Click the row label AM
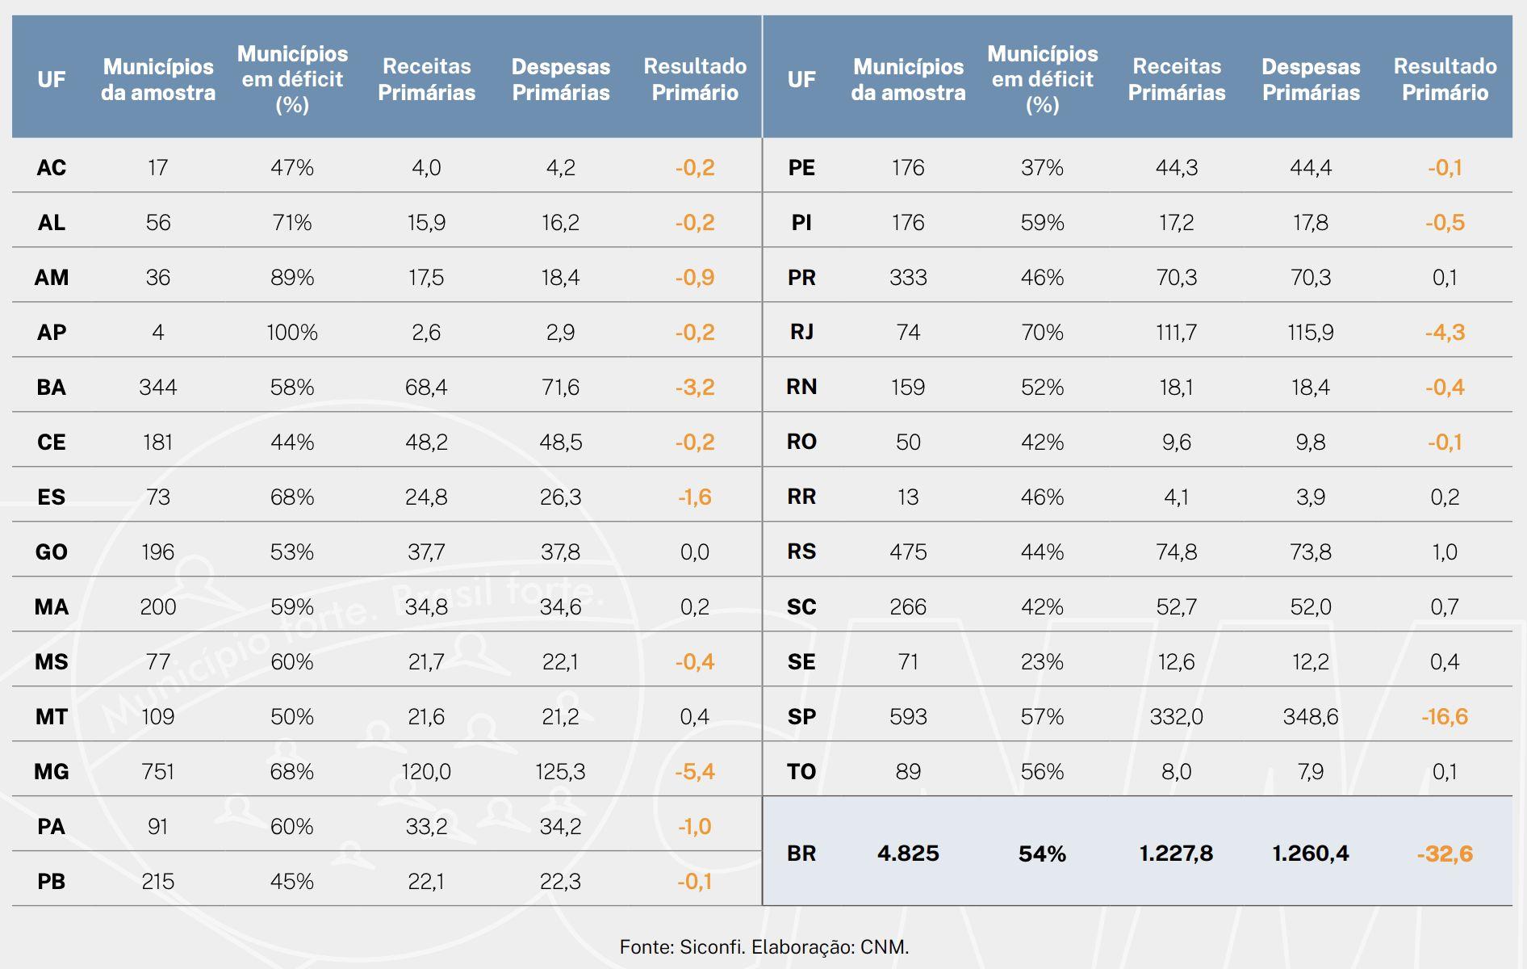(x=52, y=277)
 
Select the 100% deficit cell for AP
(x=292, y=332)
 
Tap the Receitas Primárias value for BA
(x=426, y=387)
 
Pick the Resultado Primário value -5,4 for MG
(x=695, y=771)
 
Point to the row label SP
(x=801, y=716)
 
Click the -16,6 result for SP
(x=1445, y=716)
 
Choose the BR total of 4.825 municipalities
(x=908, y=853)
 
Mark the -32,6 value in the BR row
(x=1445, y=853)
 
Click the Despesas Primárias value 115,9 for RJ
(x=1311, y=332)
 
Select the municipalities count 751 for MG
(x=158, y=771)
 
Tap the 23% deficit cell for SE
(x=1042, y=661)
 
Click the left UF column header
(x=52, y=79)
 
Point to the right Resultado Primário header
(x=1445, y=79)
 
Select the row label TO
(x=801, y=771)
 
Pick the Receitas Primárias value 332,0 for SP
(x=1176, y=716)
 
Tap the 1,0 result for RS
(x=1445, y=552)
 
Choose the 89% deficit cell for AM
(x=292, y=277)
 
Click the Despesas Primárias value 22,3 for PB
(x=560, y=881)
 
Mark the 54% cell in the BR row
(x=1042, y=853)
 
